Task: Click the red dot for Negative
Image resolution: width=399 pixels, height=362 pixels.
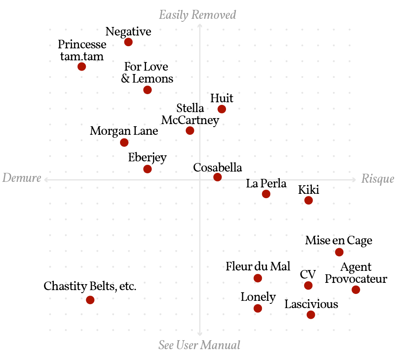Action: click(128, 42)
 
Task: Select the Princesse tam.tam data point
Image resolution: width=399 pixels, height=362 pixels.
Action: click(82, 67)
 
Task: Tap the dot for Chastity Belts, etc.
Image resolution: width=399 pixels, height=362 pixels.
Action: click(90, 300)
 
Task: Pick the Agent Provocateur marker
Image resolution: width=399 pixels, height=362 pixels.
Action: click(356, 290)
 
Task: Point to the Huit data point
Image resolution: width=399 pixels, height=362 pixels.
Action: click(222, 109)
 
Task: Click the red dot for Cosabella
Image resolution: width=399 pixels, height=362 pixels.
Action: click(217, 177)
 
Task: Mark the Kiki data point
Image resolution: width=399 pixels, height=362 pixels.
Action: click(308, 200)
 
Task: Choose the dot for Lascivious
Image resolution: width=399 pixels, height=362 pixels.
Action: click(311, 315)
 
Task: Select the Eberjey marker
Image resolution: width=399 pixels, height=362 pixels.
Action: click(147, 169)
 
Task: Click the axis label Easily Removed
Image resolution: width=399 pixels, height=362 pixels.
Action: click(197, 15)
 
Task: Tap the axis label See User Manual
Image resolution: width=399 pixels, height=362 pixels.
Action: click(199, 345)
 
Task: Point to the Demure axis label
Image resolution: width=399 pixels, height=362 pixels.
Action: click(22, 178)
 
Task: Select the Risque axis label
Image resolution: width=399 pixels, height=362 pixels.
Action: click(378, 178)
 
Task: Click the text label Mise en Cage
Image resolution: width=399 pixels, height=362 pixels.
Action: click(339, 240)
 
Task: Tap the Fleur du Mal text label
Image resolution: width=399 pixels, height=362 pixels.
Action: click(258, 267)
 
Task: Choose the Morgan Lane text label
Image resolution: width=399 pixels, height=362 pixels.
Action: click(124, 131)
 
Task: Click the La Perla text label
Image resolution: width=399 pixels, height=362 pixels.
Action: click(266, 184)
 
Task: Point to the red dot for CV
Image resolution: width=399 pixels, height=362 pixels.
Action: click(308, 285)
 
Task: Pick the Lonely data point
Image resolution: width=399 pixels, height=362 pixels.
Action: click(258, 309)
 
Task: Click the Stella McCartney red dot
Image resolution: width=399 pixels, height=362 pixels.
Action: click(190, 131)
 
